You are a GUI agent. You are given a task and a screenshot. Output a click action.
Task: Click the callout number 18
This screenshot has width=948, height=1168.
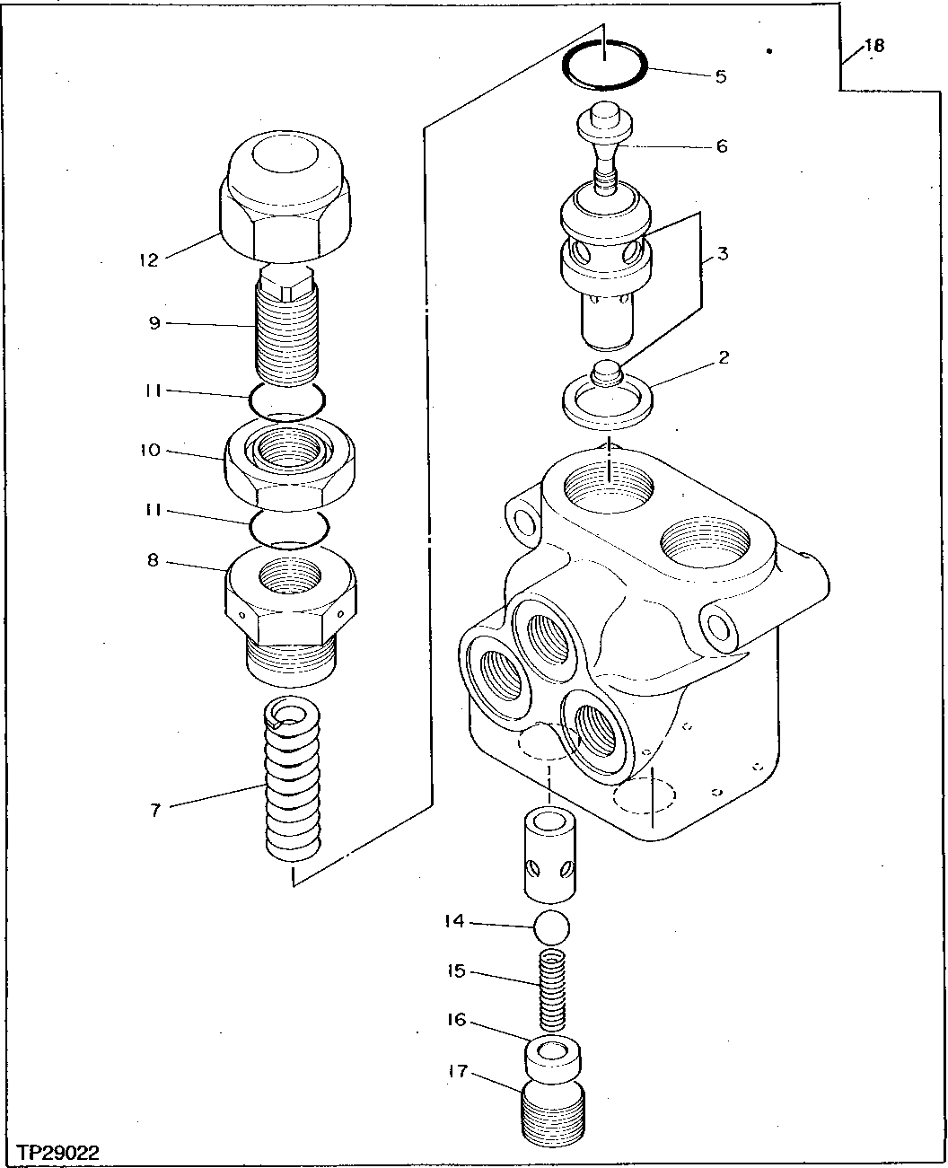tap(873, 46)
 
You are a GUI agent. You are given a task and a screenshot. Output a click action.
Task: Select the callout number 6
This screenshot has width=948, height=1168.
tap(721, 145)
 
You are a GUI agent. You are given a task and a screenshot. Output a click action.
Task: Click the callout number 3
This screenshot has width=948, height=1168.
tap(722, 254)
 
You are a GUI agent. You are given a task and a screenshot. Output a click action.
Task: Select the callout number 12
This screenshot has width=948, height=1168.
tap(148, 260)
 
